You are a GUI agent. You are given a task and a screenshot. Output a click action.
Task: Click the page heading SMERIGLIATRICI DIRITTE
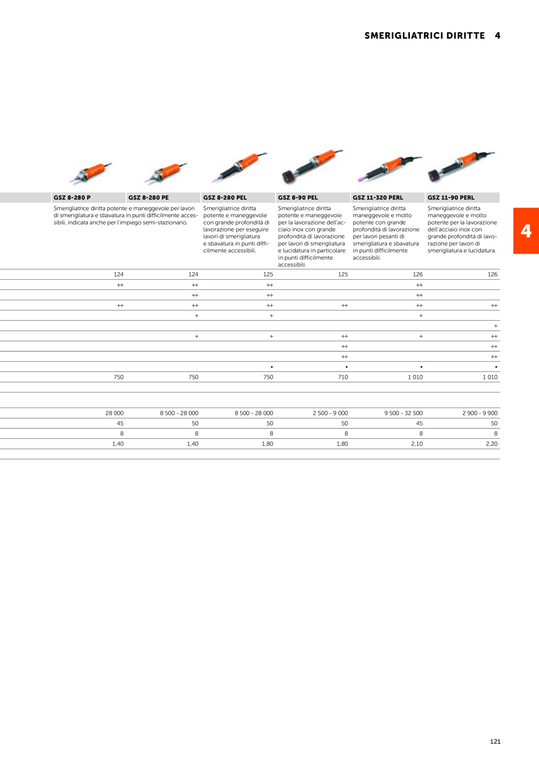[425, 36]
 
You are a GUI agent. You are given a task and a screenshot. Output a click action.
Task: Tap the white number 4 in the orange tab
[526, 231]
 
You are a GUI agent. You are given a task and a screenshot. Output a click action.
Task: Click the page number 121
[495, 742]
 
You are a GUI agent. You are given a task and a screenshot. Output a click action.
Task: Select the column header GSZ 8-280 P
[72, 198]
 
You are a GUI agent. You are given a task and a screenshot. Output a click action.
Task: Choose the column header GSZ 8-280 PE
[149, 198]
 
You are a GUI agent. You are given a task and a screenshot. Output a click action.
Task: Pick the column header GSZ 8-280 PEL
[225, 198]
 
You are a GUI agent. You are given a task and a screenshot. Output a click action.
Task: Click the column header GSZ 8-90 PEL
[298, 198]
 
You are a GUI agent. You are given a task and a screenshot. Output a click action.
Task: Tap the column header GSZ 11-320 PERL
[378, 198]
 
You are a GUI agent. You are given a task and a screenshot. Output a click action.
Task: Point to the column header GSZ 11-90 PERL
[451, 198]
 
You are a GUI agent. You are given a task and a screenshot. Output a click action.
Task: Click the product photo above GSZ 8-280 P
[90, 172]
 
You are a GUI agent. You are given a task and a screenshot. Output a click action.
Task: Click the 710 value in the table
[343, 377]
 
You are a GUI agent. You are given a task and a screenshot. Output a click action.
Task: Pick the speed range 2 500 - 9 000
[330, 413]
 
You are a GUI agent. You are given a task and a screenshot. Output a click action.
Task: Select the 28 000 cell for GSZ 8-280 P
[114, 413]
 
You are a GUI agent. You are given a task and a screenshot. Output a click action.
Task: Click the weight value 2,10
[417, 444]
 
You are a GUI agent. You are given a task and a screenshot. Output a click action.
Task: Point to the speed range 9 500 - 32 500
[403, 413]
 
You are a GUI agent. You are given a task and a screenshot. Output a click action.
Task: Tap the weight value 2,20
[492, 444]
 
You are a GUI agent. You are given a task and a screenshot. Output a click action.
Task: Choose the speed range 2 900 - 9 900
[480, 413]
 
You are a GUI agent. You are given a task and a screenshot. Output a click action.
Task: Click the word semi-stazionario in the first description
[165, 222]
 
